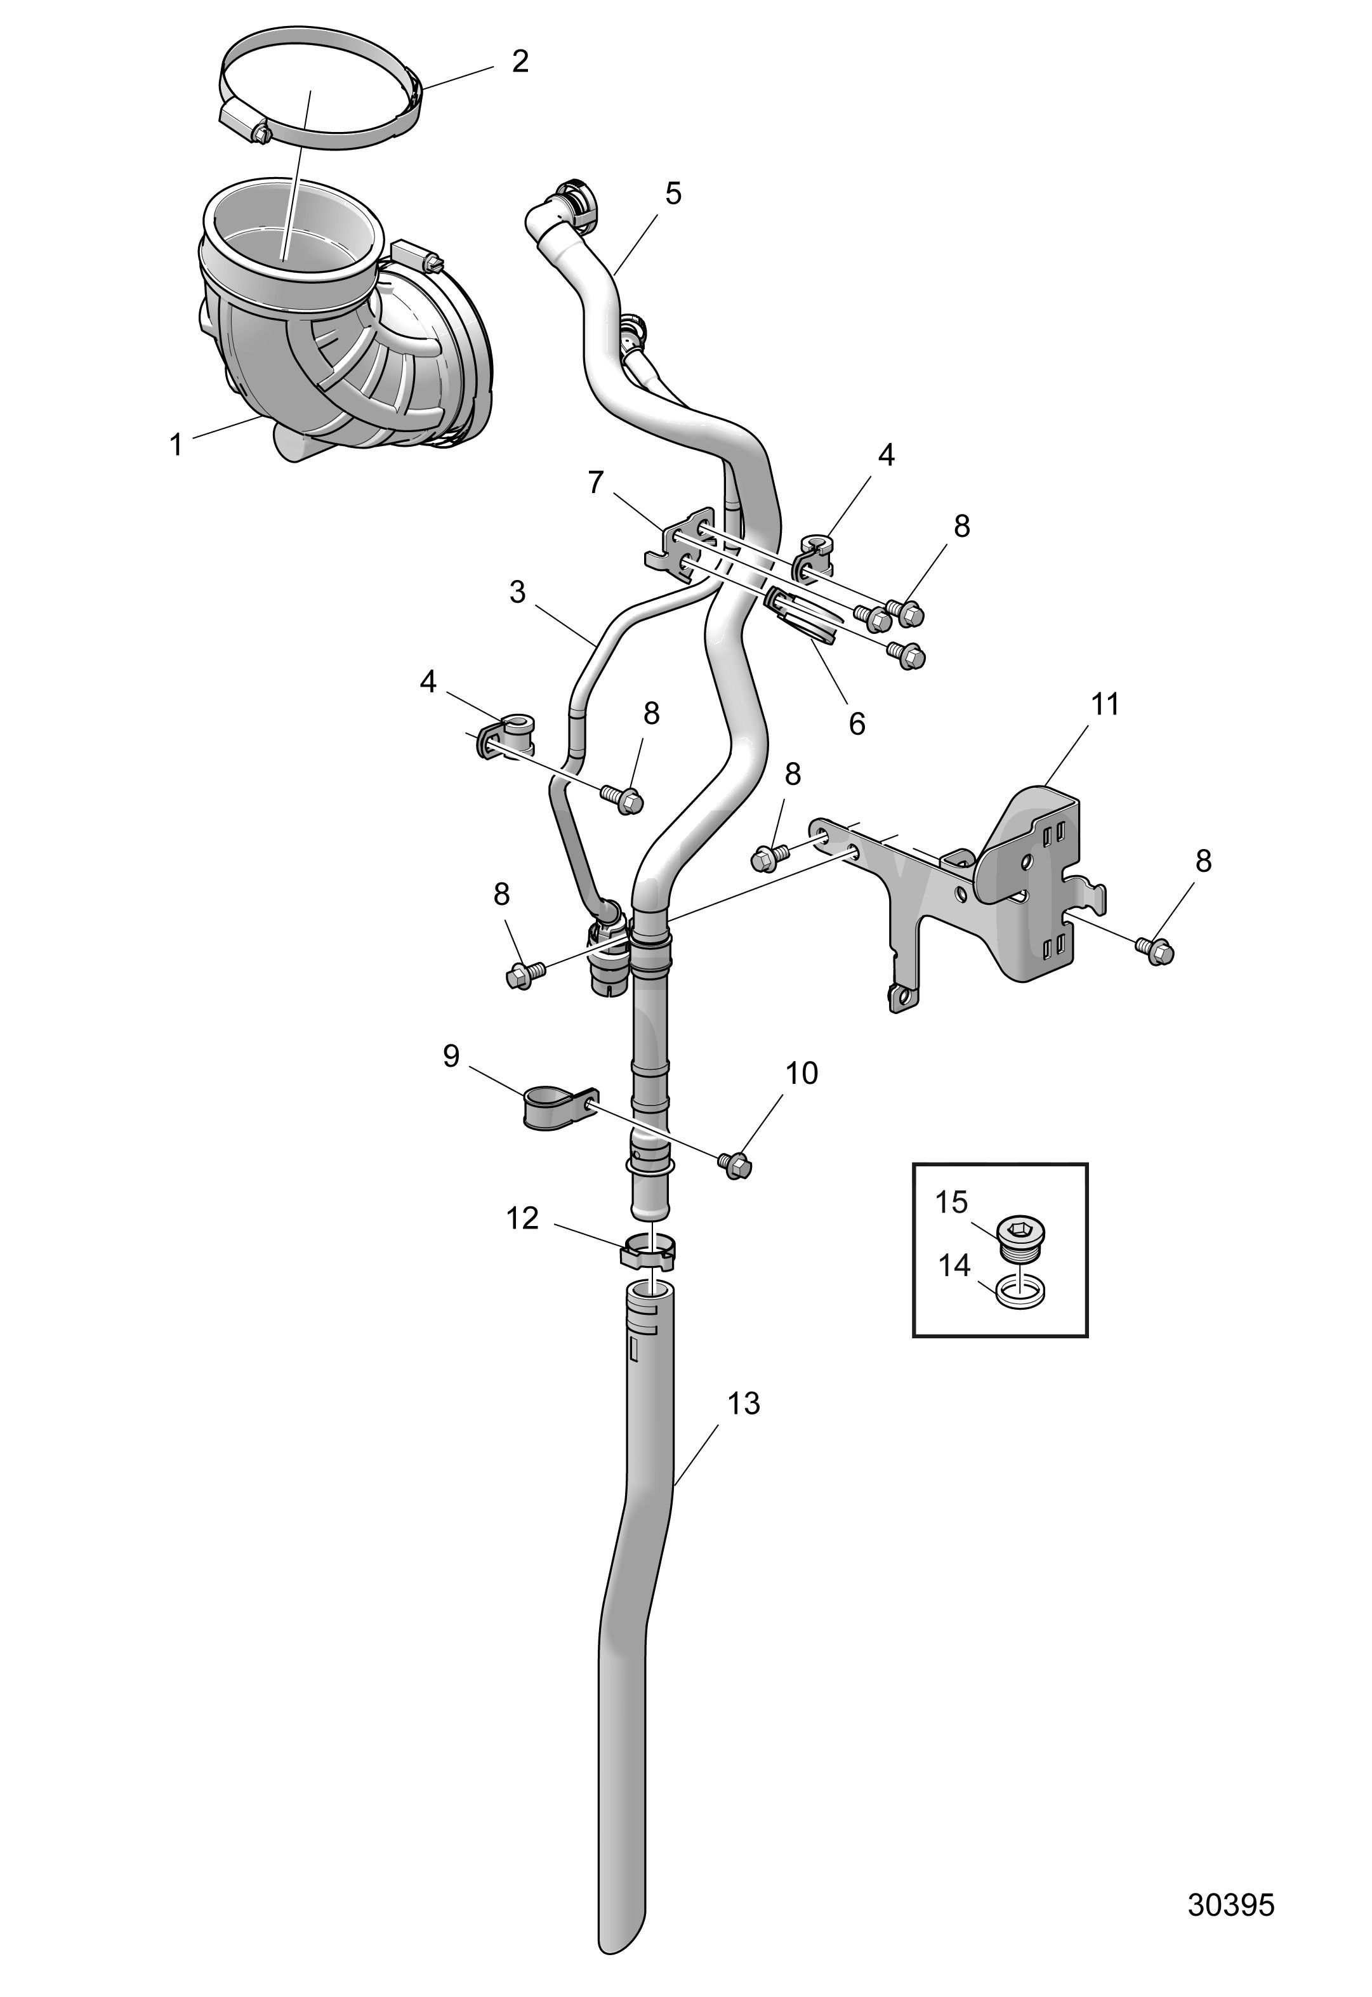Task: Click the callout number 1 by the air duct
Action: [176, 445]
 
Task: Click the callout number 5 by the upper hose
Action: [673, 194]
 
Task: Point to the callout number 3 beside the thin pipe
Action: [517, 592]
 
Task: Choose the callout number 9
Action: [451, 1056]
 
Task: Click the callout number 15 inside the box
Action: [952, 1202]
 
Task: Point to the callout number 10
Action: [801, 1073]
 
